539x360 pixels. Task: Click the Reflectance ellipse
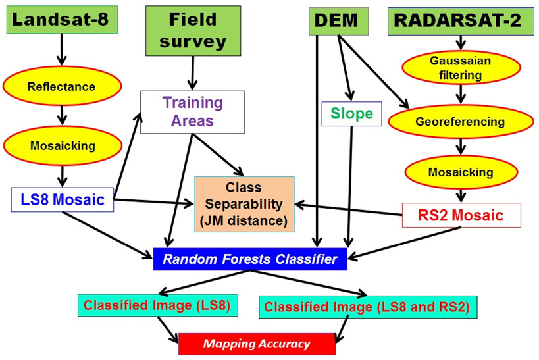(61, 86)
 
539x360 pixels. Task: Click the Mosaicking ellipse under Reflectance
(61, 144)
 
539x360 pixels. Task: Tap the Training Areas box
(192, 113)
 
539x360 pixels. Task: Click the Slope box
(351, 114)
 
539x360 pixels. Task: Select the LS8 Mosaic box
(63, 199)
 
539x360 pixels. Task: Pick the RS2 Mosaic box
(461, 215)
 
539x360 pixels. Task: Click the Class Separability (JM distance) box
(244, 203)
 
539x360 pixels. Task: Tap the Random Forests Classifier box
(249, 259)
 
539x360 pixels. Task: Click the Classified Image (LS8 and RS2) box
(368, 306)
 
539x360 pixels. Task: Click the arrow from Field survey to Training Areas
(192, 72)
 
